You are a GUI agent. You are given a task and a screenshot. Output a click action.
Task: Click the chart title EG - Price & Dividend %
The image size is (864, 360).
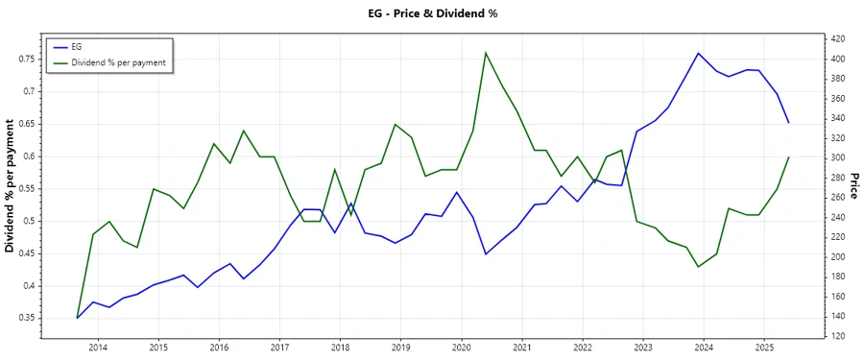coord(431,13)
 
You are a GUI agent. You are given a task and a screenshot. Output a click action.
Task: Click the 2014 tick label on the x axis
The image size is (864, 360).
coord(98,347)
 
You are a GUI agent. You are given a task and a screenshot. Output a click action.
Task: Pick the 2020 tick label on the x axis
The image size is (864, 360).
coord(461,347)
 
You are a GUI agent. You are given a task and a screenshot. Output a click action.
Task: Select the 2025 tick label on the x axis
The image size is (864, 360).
coord(764,347)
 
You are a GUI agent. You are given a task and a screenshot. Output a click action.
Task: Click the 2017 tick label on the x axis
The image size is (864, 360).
coord(279,347)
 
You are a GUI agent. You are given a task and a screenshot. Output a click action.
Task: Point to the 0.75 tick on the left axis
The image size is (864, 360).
coord(26,59)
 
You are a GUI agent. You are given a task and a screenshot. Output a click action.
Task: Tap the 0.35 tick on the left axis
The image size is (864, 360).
coord(26,318)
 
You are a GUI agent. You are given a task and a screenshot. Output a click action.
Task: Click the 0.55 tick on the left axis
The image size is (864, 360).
coord(26,188)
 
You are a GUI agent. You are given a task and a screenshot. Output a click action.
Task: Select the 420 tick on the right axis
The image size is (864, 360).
coord(837,38)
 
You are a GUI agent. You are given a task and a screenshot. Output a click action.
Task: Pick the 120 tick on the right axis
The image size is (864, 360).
coord(837,336)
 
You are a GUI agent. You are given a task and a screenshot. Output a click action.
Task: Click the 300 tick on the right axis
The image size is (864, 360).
coord(837,157)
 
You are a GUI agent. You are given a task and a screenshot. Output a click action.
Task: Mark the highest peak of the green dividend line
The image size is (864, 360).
coord(486,53)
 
